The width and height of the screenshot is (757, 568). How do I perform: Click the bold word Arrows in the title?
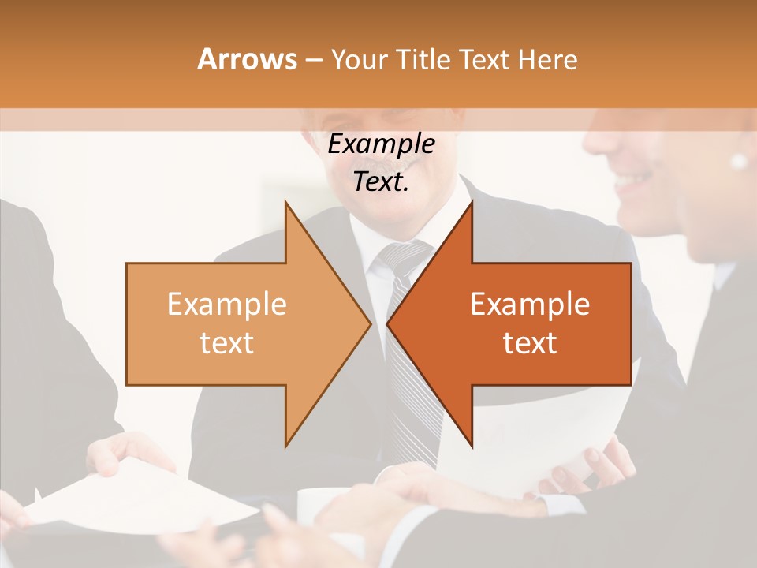tap(247, 59)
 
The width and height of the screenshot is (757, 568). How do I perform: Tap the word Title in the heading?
tap(423, 59)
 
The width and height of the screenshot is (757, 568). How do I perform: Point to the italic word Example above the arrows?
tap(381, 144)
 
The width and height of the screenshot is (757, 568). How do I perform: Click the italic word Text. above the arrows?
tap(381, 182)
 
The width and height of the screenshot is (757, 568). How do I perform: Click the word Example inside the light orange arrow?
tap(227, 305)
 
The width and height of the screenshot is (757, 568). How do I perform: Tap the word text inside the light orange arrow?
tap(227, 343)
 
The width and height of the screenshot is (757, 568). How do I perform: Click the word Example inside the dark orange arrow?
tap(530, 305)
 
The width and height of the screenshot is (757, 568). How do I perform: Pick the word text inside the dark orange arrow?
tap(530, 343)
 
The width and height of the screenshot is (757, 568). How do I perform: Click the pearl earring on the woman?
tap(739, 161)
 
